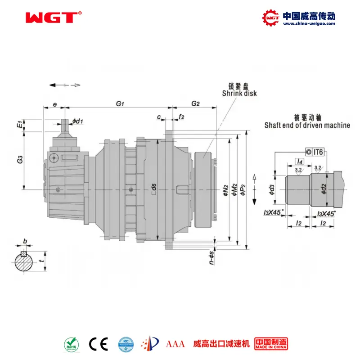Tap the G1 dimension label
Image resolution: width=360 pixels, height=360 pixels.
tap(120, 104)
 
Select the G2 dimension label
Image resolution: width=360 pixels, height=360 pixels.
tap(195, 104)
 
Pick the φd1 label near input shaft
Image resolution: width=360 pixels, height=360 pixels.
tap(77, 121)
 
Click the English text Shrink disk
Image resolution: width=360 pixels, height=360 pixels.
tap(239, 93)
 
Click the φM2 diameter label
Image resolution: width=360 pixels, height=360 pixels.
tap(234, 189)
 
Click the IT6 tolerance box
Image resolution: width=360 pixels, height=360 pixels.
tap(315, 152)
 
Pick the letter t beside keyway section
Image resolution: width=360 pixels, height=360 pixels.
tap(41, 260)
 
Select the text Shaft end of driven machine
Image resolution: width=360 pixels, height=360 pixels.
tap(307, 125)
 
